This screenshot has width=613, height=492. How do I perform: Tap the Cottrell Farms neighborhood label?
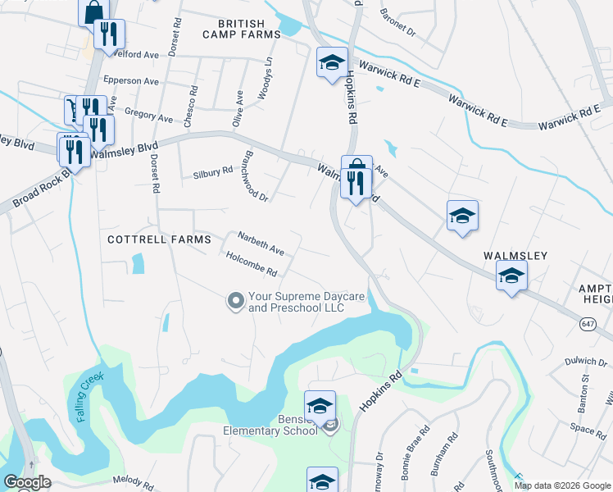coord(159,239)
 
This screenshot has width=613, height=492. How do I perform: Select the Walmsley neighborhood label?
coord(515,256)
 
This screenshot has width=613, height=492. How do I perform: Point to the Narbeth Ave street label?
coord(261,243)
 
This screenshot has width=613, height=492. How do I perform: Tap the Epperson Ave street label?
coord(130,81)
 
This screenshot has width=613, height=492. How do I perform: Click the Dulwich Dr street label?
coord(585,361)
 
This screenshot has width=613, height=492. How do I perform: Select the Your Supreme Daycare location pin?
coord(236,302)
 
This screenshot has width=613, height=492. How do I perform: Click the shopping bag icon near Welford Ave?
coord(93,11)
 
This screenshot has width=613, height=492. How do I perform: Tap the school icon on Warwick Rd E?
coord(332,62)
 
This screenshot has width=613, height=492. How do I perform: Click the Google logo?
coord(26,482)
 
